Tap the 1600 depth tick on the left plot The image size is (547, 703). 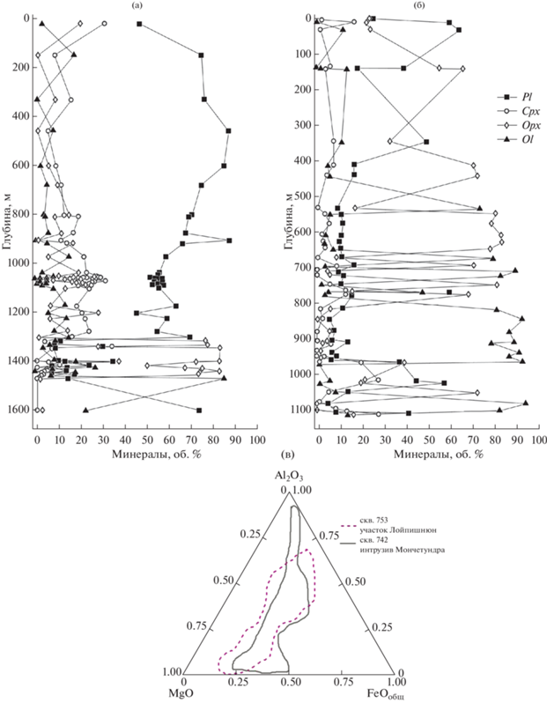[x=17, y=410]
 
